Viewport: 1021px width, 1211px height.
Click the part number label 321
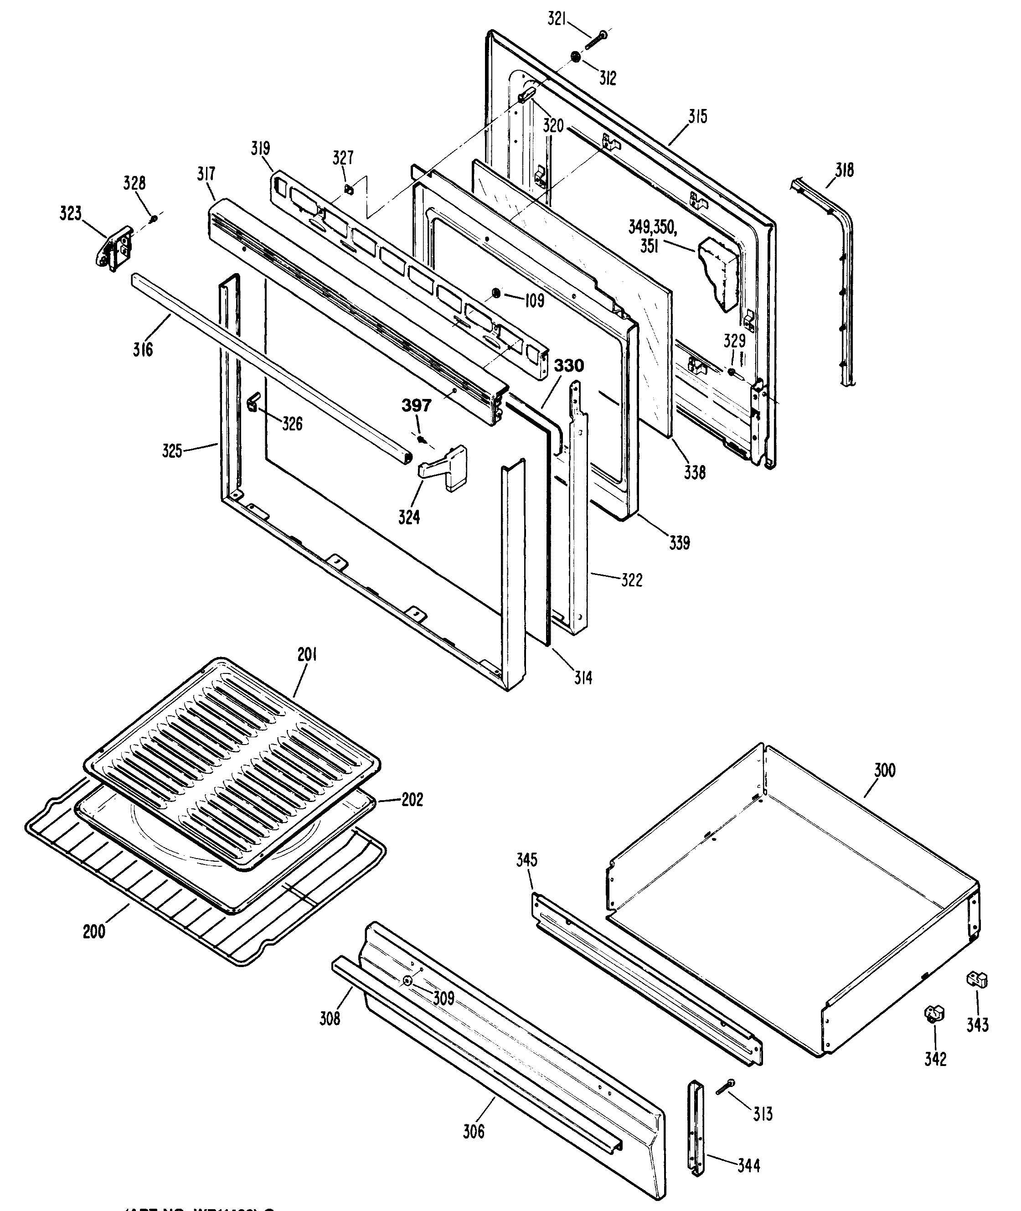pyautogui.click(x=556, y=19)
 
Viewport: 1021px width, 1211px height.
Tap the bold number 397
pyautogui.click(x=417, y=405)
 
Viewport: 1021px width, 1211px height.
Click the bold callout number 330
pyautogui.click(x=569, y=366)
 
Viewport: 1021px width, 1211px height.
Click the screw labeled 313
pyautogui.click(x=725, y=1087)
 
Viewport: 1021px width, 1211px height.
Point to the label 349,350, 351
pyautogui.click(x=653, y=236)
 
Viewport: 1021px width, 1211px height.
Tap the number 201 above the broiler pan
pyautogui.click(x=307, y=655)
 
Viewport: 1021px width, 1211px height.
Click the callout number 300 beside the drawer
pyautogui.click(x=884, y=771)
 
